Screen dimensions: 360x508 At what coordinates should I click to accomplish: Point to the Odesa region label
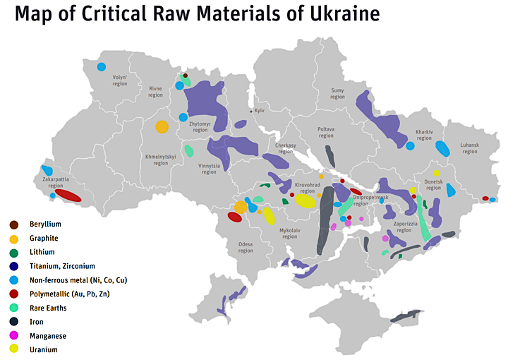[x=245, y=247]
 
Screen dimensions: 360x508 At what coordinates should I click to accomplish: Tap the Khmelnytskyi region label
[x=157, y=160]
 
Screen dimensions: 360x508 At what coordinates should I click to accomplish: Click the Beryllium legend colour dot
[x=13, y=224]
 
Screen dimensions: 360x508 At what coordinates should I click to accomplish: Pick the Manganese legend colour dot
[x=13, y=335]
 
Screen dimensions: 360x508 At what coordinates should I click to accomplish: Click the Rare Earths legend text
[x=50, y=308]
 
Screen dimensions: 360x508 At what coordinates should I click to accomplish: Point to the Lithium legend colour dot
[x=13, y=252]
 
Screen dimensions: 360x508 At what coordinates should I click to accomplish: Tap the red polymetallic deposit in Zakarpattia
[x=68, y=196]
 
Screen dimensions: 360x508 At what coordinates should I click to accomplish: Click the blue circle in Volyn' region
[x=101, y=67]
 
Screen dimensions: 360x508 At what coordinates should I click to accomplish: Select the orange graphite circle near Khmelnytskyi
[x=162, y=127]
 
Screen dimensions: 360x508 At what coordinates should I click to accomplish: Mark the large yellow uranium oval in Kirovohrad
[x=305, y=201]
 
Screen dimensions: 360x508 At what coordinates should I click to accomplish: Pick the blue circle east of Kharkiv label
[x=410, y=146]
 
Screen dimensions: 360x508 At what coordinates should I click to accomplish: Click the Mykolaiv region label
[x=290, y=234]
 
